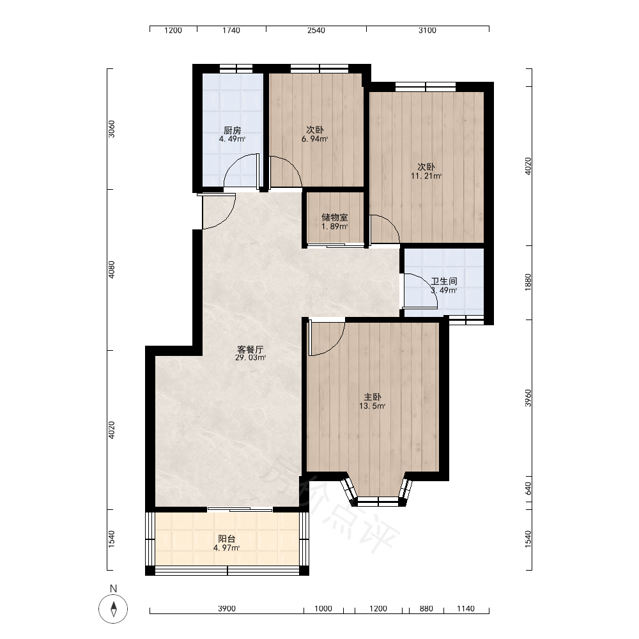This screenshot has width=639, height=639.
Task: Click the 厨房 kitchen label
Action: [233, 130]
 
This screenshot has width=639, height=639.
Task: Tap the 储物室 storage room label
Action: [335, 218]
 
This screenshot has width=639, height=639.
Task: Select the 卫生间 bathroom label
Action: [444, 281]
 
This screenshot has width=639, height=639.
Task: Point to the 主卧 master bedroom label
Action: [373, 397]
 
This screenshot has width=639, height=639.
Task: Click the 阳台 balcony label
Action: [227, 539]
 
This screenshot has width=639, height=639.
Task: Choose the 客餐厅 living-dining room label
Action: [250, 350]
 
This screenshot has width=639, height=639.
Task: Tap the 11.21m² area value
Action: [426, 176]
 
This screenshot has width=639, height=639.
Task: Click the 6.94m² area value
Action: [315, 139]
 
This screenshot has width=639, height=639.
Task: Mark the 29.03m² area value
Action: [250, 358]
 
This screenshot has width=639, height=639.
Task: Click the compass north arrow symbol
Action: [114, 609]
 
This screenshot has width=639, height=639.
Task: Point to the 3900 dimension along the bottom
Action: [227, 608]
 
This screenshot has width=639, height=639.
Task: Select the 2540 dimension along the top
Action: [316, 30]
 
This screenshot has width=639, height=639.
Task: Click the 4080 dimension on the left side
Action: [112, 270]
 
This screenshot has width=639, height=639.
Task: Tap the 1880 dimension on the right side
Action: [528, 282]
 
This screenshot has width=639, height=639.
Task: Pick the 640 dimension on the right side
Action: [528, 488]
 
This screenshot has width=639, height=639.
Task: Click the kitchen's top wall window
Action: [236, 68]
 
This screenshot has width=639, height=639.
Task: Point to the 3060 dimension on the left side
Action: [112, 129]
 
